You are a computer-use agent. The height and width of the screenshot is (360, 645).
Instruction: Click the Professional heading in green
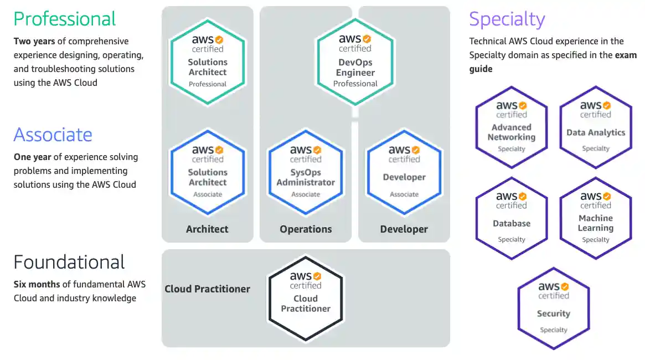pos(65,19)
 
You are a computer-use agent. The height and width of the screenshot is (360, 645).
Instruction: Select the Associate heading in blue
pos(53,135)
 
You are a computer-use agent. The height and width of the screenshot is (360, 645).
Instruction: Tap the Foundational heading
pos(69,262)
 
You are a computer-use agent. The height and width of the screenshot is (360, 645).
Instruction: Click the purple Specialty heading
pos(507,19)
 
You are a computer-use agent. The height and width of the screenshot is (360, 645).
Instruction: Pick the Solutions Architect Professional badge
pos(208,61)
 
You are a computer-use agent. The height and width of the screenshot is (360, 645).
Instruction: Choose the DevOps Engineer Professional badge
pos(355,61)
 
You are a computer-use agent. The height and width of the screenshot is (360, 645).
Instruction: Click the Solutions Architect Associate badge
pos(208,172)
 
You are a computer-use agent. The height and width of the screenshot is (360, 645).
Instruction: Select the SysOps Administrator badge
pos(306,172)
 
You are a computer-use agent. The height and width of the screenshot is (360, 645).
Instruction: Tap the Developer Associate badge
pos(404,172)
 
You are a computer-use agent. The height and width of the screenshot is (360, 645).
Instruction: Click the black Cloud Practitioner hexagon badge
pos(306,297)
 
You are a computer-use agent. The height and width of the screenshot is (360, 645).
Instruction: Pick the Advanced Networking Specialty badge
pos(512,127)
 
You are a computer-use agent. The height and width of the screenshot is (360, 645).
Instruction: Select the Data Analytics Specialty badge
pos(596,127)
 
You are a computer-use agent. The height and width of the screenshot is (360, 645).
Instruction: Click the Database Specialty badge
pos(512,218)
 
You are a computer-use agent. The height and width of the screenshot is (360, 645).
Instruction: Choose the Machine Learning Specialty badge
pos(596,218)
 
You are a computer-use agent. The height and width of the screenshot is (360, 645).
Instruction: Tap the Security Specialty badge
pos(554,308)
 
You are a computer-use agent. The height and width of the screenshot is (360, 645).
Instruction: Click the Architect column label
pos(207,229)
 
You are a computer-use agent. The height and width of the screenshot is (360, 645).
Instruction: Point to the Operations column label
pos(306,229)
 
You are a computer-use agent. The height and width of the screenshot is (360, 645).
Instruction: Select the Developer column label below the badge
pos(404,229)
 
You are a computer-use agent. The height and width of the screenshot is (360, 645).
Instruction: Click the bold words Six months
pos(37,284)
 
